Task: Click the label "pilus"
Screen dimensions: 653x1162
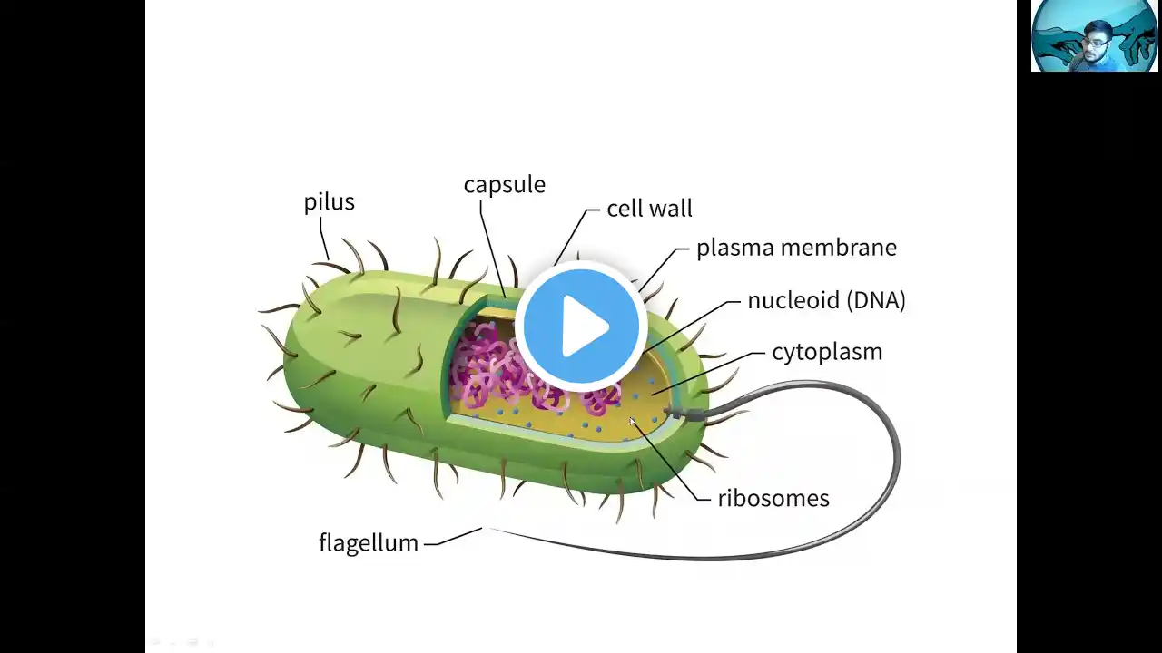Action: point(329,202)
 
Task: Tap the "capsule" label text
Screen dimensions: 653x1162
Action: point(504,185)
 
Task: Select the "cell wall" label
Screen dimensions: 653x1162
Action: point(649,209)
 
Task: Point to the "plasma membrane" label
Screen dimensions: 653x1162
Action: point(796,248)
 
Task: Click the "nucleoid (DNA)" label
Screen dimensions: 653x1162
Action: point(826,300)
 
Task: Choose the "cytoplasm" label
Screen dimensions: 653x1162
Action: point(826,352)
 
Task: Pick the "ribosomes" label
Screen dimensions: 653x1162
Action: point(773,498)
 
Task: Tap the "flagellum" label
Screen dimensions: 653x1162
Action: point(368,542)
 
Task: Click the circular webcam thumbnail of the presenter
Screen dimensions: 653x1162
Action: point(1095,36)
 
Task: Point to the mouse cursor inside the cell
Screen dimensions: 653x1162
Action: point(633,422)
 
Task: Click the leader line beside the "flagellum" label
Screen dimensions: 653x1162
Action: point(453,537)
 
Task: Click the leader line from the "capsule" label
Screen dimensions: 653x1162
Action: point(492,245)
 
